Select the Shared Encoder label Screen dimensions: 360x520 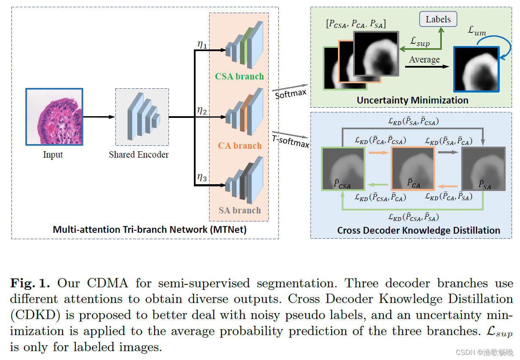tap(139, 155)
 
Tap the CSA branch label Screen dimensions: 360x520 tap(239, 76)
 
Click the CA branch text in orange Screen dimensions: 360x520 tap(240, 146)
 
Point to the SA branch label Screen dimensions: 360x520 tap(240, 210)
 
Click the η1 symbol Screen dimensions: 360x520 tap(202, 45)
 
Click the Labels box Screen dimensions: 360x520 tap(438, 19)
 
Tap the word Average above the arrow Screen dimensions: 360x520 tap(424, 60)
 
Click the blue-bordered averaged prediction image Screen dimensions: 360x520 tap(476, 69)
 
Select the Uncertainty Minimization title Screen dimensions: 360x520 tap(412, 100)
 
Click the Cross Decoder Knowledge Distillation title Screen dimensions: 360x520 tap(418, 230)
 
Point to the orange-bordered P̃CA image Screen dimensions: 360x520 tap(413, 168)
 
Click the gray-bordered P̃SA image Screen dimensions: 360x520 tap(482, 168)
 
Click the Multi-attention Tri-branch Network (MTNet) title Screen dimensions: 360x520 tap(143, 229)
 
